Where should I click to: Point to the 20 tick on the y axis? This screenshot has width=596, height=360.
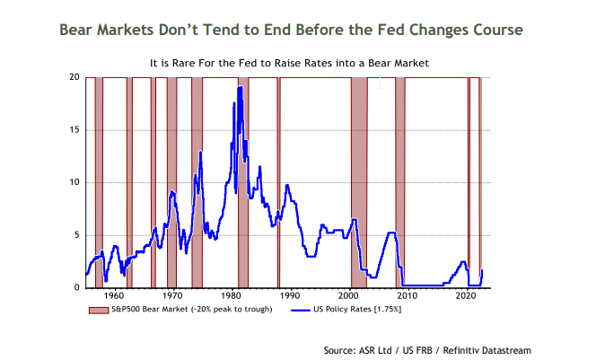point(75,78)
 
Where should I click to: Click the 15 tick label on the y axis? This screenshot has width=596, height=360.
point(75,130)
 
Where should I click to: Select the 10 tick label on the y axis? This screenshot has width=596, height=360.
point(75,182)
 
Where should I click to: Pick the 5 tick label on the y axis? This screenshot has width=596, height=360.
point(78,235)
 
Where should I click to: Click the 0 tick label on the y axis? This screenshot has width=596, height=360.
point(78,287)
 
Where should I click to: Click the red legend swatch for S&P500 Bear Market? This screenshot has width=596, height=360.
point(97,310)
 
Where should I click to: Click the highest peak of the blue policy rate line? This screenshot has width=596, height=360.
point(240,87)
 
